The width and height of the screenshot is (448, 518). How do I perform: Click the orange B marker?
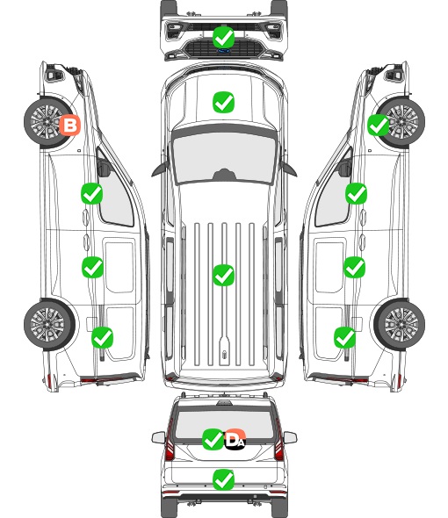[69, 125]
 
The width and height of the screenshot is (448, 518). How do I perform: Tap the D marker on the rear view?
[235, 439]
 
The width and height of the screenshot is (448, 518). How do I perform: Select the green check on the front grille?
[223, 37]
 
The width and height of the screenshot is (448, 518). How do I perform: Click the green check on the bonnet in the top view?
[223, 102]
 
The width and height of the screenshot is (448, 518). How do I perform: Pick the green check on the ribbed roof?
[223, 275]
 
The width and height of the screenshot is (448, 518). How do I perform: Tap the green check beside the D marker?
[213, 439]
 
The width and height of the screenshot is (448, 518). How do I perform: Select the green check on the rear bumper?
[223, 479]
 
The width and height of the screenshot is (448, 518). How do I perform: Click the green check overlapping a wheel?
[379, 125]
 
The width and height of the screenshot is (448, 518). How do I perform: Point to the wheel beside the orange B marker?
[47, 122]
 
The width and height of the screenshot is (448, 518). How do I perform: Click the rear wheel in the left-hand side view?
[49, 324]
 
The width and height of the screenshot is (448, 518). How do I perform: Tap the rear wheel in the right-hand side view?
[400, 324]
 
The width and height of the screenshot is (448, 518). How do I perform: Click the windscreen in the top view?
[224, 157]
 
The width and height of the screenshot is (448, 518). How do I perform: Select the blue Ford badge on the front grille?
[223, 51]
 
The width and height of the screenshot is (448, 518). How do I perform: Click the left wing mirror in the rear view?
[159, 437]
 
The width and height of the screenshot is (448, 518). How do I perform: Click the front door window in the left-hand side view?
[114, 193]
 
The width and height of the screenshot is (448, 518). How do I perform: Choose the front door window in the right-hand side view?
[334, 193]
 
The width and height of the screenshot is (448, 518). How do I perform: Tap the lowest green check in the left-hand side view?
[102, 337]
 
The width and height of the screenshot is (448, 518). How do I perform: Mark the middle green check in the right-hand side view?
[354, 267]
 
